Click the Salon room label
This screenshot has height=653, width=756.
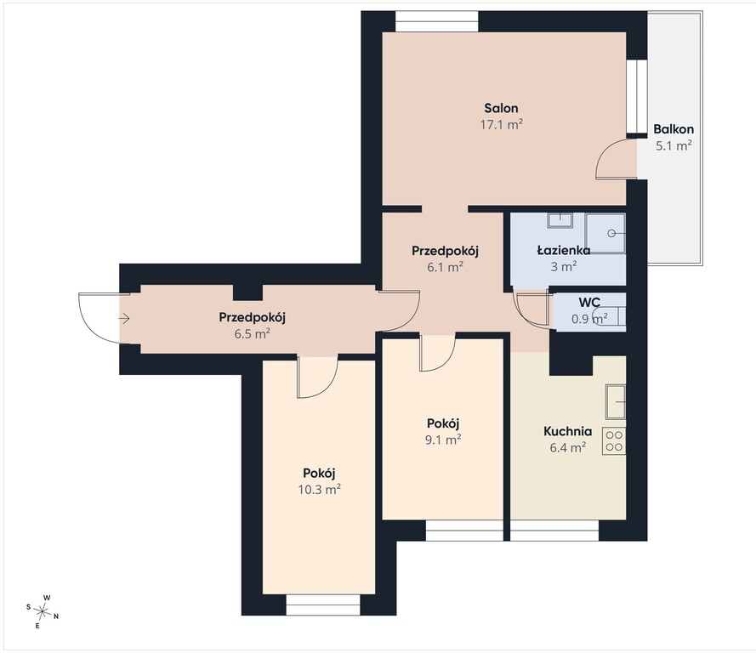pos(502,108)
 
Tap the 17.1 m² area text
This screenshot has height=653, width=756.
pos(502,125)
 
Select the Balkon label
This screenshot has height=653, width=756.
pos(674,129)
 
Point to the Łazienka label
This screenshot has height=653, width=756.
pos(564,250)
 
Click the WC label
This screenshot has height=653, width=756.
pos(589,302)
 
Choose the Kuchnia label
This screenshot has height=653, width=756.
pos(567,431)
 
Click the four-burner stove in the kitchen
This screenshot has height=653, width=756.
pos(614,441)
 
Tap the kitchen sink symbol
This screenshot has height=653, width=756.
pos(616,401)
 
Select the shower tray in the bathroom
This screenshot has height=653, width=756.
pos(605,234)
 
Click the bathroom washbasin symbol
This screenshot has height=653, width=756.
pos(560,221)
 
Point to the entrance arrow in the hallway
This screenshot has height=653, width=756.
pos(124,319)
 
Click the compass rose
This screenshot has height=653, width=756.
pos(43,612)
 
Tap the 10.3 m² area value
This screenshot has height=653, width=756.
pos(320,490)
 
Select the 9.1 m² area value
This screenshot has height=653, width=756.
pos(443,440)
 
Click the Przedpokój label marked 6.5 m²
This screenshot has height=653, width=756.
pos(253,317)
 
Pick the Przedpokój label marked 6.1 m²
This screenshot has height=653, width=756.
pos(445,251)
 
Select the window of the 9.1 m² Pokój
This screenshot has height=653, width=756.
pos(465,530)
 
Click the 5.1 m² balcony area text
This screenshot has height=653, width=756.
pos(674,145)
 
